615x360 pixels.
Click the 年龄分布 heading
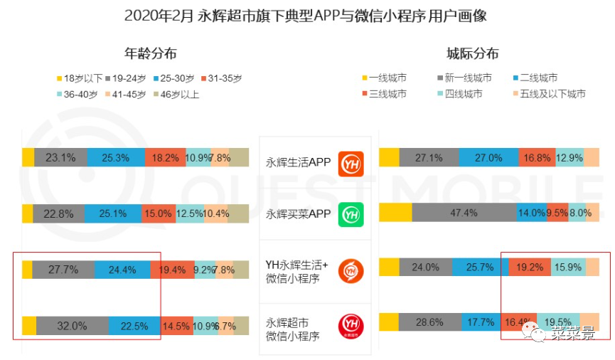tap(151, 53)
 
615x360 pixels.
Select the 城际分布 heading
tap(473, 53)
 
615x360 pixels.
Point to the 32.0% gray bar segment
tap(73, 326)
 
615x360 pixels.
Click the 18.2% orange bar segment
tap(165, 158)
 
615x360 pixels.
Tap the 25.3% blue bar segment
tap(115, 158)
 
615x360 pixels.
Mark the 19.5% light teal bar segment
tap(558, 322)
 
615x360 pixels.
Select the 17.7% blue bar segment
tap(481, 322)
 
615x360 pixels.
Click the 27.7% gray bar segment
tap(63, 270)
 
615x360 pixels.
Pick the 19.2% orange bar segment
tap(529, 267)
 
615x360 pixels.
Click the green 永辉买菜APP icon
tap(351, 213)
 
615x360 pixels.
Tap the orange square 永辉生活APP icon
tap(351, 163)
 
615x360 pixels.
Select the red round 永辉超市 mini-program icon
tap(351, 325)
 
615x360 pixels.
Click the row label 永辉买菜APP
tap(299, 213)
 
